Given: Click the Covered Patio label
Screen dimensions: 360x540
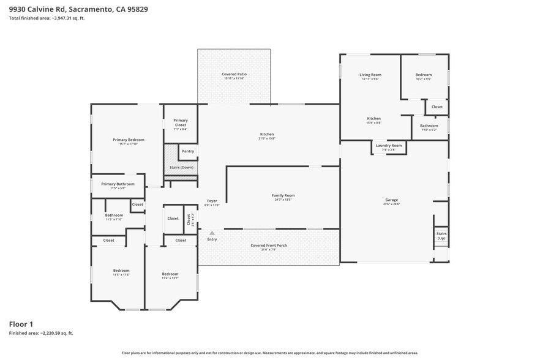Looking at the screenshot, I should pos(233,74).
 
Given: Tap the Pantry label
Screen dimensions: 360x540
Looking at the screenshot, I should pos(187,151).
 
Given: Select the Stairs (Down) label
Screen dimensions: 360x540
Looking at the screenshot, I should pos(181,167).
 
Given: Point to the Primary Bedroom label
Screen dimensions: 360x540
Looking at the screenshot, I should pos(128,140).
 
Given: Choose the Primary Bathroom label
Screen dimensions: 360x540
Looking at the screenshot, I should pos(118,184).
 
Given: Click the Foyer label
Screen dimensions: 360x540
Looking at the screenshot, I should pos(212,201).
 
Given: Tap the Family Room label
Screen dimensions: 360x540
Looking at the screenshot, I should pos(283,195).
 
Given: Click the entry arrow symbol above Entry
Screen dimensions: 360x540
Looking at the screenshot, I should pos(212,233).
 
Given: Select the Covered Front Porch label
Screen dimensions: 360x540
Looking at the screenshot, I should pos(269,245).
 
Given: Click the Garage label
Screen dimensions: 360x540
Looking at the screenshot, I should pos(391,200).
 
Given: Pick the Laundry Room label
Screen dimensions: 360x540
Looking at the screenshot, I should pos(388,145).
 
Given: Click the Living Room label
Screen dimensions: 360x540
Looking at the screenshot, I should pos(370,75).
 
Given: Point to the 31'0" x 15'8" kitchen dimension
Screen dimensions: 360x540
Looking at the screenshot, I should pos(267,138).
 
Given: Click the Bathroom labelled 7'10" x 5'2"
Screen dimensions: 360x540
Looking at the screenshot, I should pos(429,126).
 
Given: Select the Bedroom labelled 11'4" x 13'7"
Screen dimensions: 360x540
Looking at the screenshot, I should pos(170,274).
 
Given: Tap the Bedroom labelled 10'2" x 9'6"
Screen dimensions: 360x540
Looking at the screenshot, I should pos(424,75).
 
